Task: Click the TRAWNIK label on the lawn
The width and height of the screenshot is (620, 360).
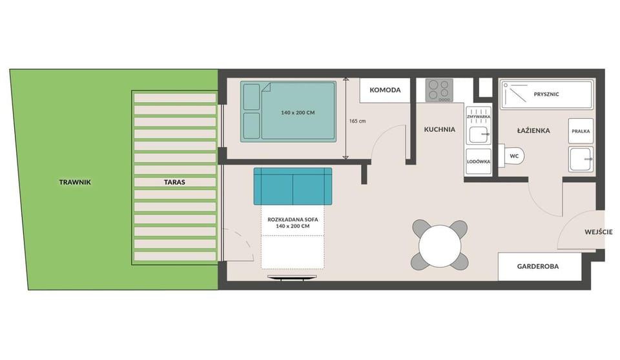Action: [75, 182]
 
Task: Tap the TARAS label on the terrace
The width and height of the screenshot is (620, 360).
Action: [174, 182]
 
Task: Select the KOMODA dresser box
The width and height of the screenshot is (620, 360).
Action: [385, 90]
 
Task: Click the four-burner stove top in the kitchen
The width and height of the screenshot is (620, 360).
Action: [439, 90]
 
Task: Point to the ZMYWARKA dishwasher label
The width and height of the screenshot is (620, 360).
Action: [479, 117]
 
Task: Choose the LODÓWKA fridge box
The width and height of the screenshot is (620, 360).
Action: [479, 162]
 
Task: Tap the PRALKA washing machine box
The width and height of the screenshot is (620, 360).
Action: [581, 131]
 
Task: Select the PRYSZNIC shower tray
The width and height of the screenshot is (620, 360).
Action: [547, 94]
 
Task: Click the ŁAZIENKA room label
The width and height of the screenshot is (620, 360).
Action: [533, 131]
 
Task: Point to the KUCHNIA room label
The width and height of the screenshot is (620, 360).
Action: [439, 129]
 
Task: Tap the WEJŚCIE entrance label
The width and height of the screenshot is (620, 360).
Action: [598, 232]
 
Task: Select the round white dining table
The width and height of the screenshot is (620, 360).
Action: [440, 246]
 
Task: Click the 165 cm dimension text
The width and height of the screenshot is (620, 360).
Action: [357, 121]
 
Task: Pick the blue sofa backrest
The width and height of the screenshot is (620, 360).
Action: [293, 186]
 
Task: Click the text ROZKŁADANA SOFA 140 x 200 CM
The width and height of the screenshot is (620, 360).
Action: [293, 223]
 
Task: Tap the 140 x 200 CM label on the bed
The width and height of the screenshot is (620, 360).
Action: [298, 112]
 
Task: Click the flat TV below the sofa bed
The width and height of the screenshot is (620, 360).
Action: [292, 277]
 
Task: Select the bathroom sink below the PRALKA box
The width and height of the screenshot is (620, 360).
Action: [581, 159]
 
